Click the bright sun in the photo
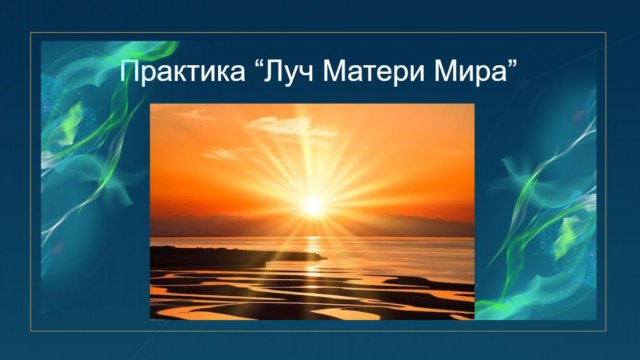314,203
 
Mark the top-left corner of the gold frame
31,33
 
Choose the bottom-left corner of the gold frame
31,328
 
